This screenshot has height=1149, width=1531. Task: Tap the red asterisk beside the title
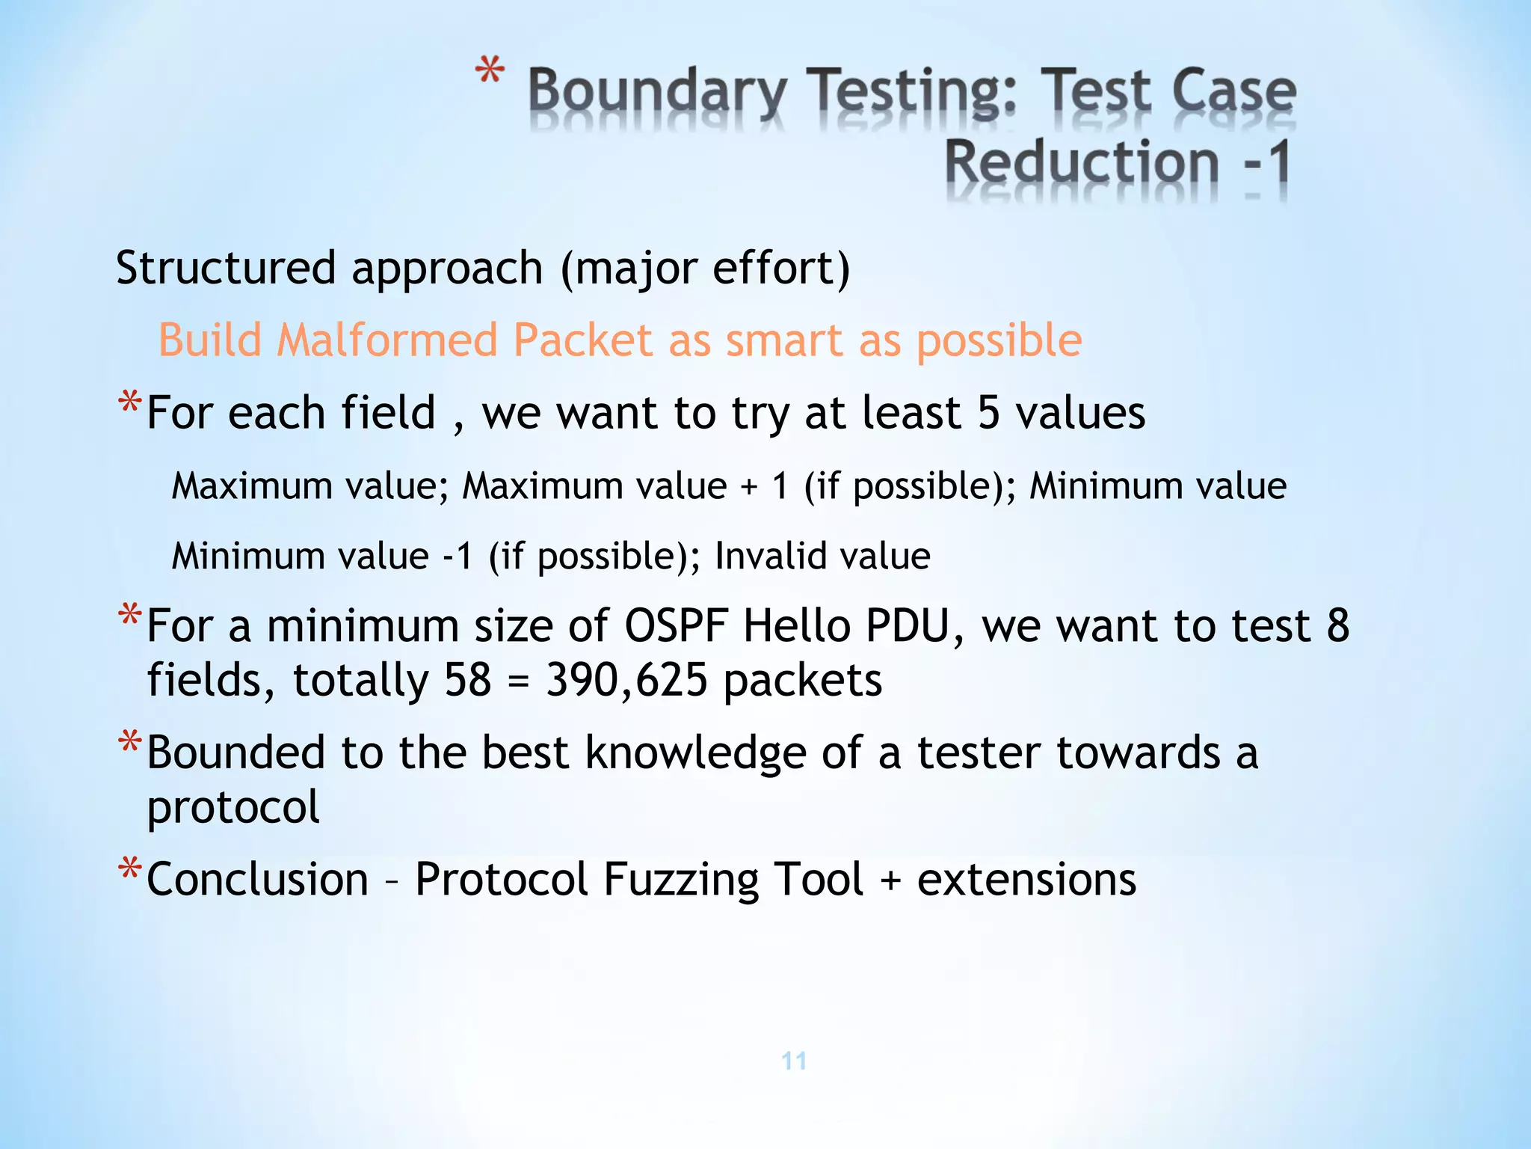[490, 73]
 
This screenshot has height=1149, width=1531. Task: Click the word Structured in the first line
[226, 268]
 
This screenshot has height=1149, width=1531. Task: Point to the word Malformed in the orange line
[386, 340]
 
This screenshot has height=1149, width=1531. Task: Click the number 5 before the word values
[988, 412]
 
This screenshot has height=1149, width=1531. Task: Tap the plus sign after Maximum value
[749, 487]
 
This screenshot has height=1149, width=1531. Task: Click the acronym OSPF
[675, 625]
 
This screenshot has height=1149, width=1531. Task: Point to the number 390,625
[626, 680]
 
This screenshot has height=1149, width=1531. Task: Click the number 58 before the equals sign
[468, 680]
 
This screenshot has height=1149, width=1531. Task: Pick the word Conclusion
[258, 879]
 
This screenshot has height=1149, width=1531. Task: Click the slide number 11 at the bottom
[794, 1061]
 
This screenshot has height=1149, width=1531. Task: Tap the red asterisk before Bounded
[129, 744]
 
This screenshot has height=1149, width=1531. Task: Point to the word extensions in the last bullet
[1026, 879]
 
